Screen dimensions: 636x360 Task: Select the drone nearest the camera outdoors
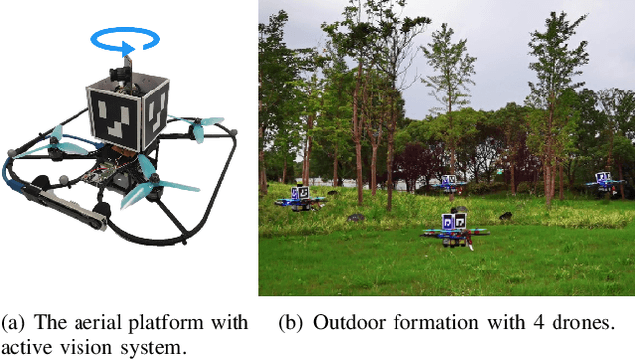pos(455,228)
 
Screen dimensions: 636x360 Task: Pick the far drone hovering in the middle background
pos(450,183)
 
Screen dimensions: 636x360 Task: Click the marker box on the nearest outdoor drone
pos(455,220)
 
